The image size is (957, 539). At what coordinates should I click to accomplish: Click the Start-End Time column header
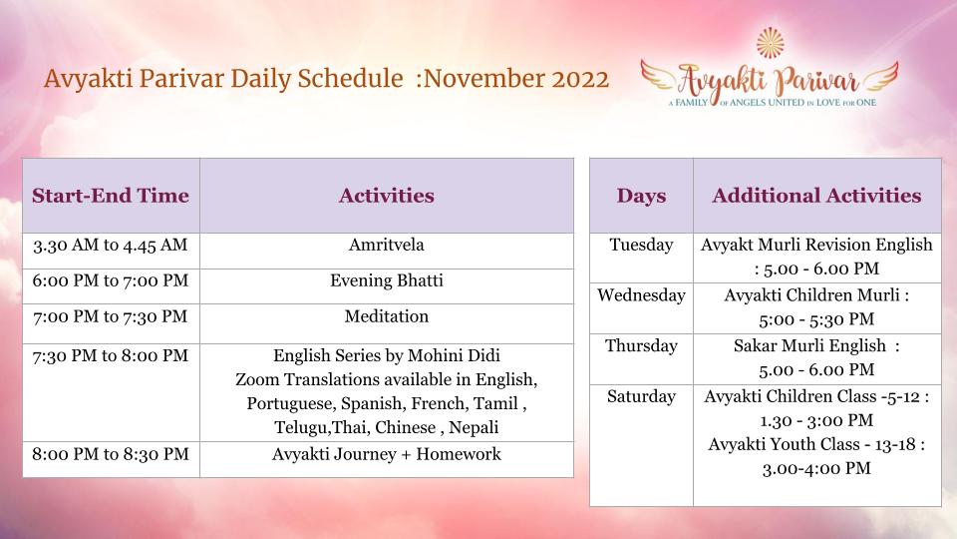click(x=111, y=196)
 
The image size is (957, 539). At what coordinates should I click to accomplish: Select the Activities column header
click(x=387, y=196)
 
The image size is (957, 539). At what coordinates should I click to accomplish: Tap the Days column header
click(x=641, y=196)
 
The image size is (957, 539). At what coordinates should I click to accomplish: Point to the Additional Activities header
click(x=816, y=196)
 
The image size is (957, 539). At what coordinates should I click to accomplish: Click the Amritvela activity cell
click(x=387, y=246)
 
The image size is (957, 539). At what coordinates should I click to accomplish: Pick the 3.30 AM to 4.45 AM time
click(x=111, y=246)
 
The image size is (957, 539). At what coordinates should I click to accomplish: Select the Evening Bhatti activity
click(x=387, y=280)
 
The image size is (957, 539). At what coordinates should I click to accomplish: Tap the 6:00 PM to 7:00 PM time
click(x=111, y=281)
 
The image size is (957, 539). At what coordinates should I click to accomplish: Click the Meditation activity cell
click(x=387, y=316)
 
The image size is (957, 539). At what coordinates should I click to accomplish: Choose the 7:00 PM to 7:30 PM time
click(x=111, y=317)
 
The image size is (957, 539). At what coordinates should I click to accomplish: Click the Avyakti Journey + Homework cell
click(x=387, y=455)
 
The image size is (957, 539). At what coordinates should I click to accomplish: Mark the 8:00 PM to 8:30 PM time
click(x=111, y=455)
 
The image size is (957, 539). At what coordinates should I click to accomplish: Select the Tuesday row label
click(x=641, y=246)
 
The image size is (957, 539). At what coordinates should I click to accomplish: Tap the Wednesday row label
click(x=641, y=295)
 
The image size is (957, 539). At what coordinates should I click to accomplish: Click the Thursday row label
click(x=641, y=346)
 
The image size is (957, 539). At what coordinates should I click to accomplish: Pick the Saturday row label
click(x=641, y=397)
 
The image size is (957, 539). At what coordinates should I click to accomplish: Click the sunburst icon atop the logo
click(x=771, y=43)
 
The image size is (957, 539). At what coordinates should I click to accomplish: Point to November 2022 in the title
click(x=516, y=79)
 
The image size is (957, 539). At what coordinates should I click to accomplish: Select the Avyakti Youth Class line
click(x=816, y=445)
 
